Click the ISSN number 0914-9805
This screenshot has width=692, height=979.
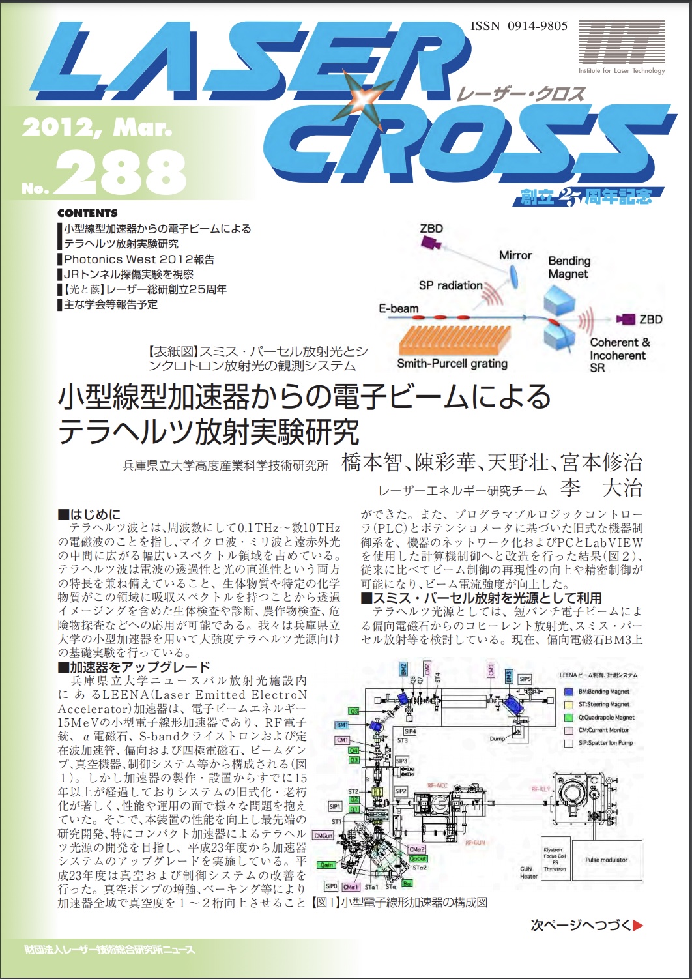pos(519,26)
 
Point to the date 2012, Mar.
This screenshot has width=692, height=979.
pos(97,128)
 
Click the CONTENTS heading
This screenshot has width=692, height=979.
pos(87,213)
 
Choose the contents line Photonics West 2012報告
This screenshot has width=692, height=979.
pos(139,259)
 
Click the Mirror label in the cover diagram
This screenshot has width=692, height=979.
pos(515,256)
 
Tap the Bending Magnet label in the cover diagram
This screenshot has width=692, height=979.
pos(569,267)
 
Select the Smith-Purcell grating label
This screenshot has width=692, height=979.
pos(452,364)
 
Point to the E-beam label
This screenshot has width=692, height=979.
pos(399,308)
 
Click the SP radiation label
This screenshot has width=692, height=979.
pos(450,285)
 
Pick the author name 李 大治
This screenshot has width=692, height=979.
pos(601,488)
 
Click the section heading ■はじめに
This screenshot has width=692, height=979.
pos(89,514)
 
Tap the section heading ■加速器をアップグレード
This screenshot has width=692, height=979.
pos(134,667)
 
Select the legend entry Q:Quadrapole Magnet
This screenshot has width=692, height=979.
pos(606,717)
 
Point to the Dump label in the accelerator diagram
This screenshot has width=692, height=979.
pos(515,738)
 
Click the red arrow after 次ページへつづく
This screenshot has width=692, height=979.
pos(638,924)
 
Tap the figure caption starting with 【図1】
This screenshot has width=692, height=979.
pos(399,903)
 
